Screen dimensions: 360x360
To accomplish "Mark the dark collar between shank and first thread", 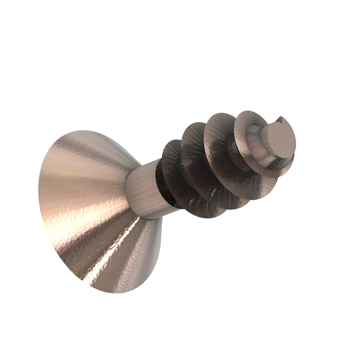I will (159, 183).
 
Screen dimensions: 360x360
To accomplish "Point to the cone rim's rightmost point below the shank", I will (162, 237).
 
